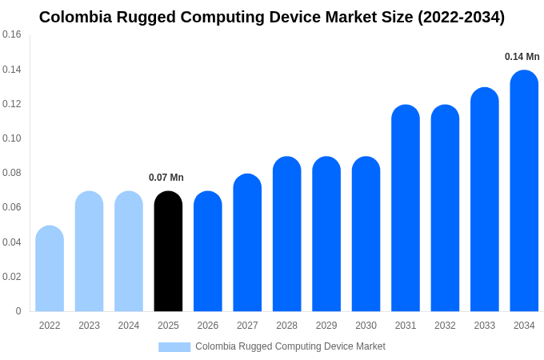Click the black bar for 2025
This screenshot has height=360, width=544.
[x=168, y=252]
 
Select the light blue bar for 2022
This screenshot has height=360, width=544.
[x=50, y=270]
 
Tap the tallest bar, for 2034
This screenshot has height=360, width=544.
[x=524, y=192]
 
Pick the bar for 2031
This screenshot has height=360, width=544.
[x=406, y=209]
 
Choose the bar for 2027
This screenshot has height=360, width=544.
[x=247, y=243]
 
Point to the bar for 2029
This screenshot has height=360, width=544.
[x=326, y=234]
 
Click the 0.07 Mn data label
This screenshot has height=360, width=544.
[x=166, y=178]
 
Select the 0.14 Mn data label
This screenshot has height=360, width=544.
[x=522, y=57]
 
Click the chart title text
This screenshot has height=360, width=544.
[x=272, y=17]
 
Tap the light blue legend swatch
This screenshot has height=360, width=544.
[x=174, y=347]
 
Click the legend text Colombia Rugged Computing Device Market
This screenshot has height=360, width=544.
[x=290, y=346]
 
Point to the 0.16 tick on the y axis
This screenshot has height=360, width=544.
[x=12, y=34]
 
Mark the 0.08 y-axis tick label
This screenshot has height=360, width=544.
[x=12, y=173]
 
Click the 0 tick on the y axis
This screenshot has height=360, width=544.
[x=18, y=311]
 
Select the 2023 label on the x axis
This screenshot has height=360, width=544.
[x=89, y=326]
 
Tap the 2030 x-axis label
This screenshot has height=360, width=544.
[x=366, y=326]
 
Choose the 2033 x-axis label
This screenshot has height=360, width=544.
[x=485, y=326]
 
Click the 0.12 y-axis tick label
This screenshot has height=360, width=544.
[x=12, y=104]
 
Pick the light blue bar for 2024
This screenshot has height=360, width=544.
[x=129, y=252]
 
